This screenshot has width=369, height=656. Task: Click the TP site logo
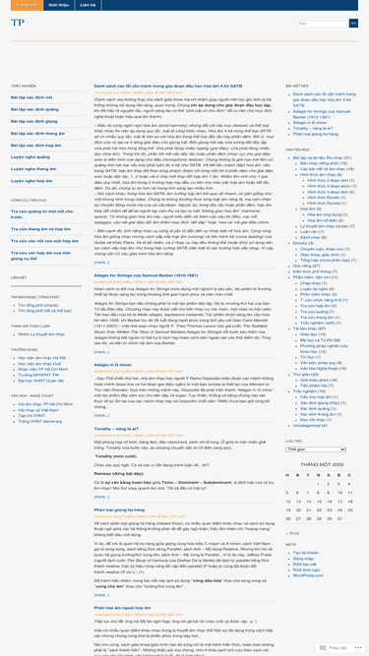[x=18, y=23]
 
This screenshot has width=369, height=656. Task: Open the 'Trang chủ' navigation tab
[x=26, y=5]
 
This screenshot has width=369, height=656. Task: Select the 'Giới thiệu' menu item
[x=58, y=5]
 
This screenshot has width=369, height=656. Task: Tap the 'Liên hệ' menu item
[x=88, y=5]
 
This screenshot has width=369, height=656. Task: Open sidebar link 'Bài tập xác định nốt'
[x=31, y=97]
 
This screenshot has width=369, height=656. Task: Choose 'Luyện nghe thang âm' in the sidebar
[x=33, y=168]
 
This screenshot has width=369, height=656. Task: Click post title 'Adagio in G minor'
[x=112, y=365]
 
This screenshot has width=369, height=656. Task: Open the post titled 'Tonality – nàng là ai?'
[x=116, y=428]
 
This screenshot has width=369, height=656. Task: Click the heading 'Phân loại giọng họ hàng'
[x=119, y=509]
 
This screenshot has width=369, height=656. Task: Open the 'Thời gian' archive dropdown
[x=315, y=449]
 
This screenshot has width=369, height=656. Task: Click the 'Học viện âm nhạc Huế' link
[x=39, y=363]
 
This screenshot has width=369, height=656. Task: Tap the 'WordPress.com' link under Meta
[x=308, y=575]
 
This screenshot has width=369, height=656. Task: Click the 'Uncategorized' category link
[x=307, y=425]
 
